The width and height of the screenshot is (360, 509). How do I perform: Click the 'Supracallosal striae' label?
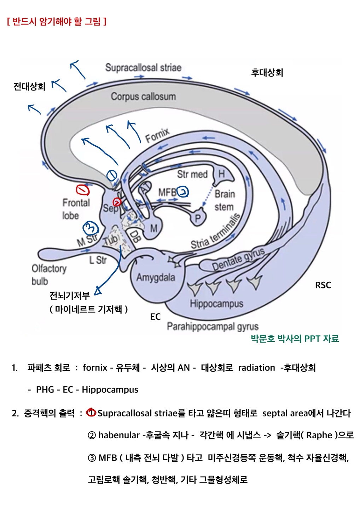pyautogui.click(x=143, y=68)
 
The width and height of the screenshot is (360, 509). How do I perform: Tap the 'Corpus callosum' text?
pyautogui.click(x=143, y=96)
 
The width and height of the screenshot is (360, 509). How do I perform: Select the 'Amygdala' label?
pyautogui.click(x=156, y=277)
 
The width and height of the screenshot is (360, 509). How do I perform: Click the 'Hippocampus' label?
pyautogui.click(x=216, y=304)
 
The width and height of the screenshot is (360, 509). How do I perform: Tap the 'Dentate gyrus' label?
pyautogui.click(x=238, y=259)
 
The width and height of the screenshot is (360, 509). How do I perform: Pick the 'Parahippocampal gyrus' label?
pyautogui.click(x=213, y=326)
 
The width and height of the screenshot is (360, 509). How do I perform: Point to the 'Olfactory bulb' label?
pyautogui.click(x=49, y=275)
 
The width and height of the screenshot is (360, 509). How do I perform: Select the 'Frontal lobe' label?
pyautogui.click(x=76, y=209)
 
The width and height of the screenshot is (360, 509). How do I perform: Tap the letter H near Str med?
pyautogui.click(x=221, y=174)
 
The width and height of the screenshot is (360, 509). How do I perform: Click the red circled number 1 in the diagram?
pyautogui.click(x=83, y=190)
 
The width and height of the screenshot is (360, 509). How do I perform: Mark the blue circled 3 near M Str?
pyautogui.click(x=91, y=228)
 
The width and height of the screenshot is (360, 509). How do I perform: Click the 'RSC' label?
pyautogui.click(x=323, y=285)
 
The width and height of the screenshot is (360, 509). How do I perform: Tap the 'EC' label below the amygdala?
pyautogui.click(x=155, y=317)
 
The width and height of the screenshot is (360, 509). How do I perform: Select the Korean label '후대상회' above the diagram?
pyautogui.click(x=267, y=72)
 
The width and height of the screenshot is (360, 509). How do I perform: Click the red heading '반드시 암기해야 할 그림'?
pyautogui.click(x=57, y=22)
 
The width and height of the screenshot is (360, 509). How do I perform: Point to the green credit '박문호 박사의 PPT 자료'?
pyautogui.click(x=295, y=339)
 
